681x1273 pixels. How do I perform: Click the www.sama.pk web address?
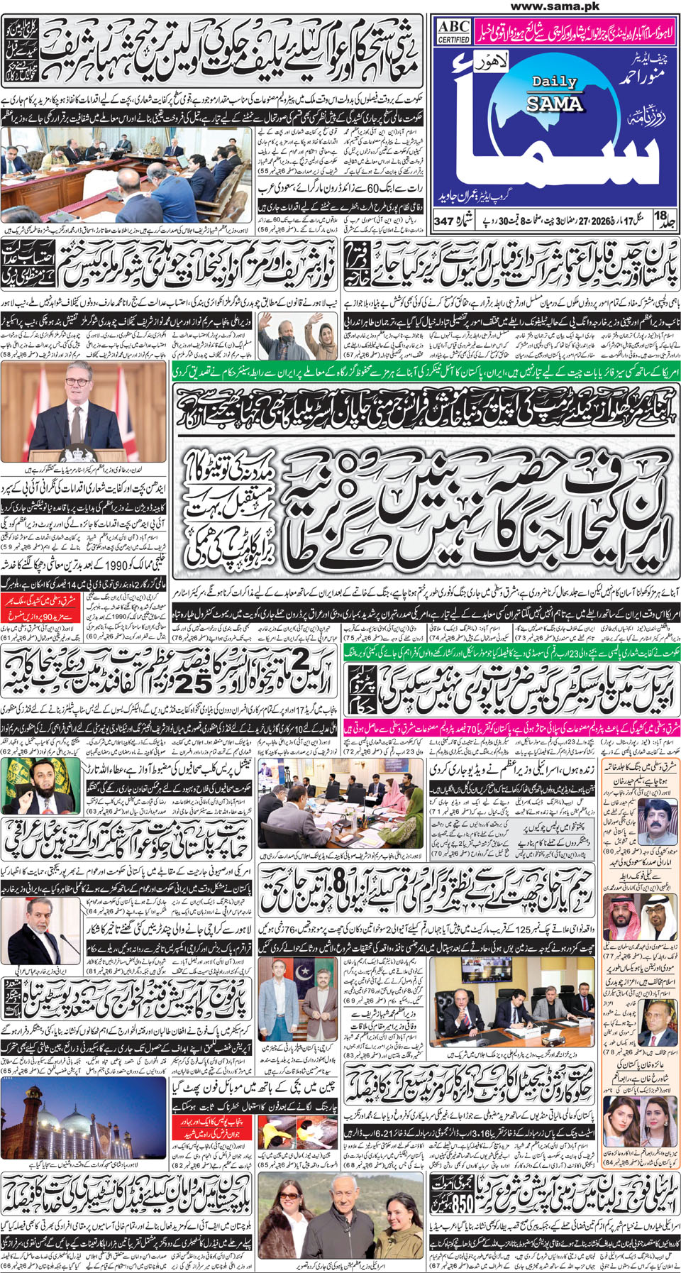555,6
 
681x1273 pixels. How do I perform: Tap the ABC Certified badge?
453,31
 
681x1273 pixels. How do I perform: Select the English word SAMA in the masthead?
554,104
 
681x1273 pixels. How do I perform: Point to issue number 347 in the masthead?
443,221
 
